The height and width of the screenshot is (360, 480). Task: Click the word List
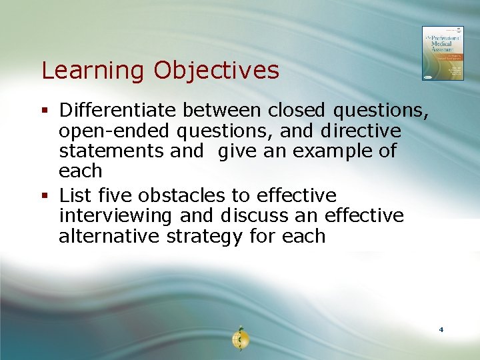[x=75, y=195]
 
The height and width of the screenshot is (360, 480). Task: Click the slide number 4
[x=441, y=330]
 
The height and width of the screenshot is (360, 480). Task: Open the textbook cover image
[x=443, y=53]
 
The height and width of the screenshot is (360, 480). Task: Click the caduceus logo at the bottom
[x=240, y=339]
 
